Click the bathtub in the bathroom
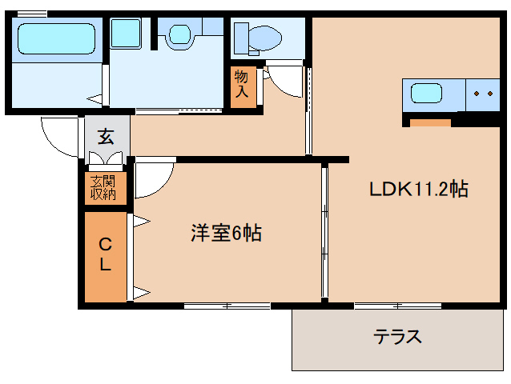(56, 38)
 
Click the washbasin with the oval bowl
(179, 34)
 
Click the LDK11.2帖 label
(418, 190)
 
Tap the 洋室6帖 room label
(226, 234)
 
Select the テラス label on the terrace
(397, 336)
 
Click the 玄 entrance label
(106, 136)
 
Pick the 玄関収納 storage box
(104, 187)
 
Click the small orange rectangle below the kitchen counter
(431, 122)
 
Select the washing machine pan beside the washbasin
(125, 34)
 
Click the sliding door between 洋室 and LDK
(324, 232)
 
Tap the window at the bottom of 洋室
(227, 306)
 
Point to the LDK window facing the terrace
(398, 306)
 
